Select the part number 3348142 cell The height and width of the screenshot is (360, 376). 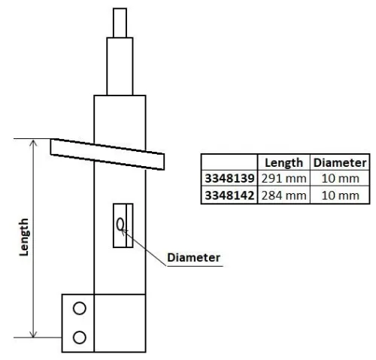(x=230, y=195)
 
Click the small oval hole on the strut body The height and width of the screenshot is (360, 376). (x=120, y=224)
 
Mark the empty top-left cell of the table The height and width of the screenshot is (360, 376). (x=230, y=162)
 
